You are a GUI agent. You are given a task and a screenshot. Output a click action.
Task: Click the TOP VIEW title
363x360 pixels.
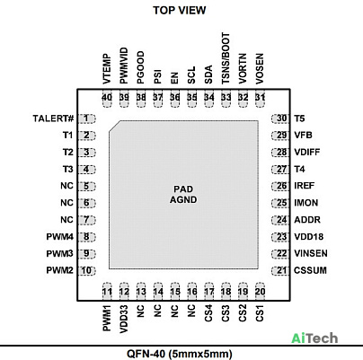[180, 10]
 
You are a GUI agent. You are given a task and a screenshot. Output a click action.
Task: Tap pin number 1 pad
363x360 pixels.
[86, 119]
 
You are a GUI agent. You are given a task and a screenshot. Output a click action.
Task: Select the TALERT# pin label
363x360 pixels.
[53, 119]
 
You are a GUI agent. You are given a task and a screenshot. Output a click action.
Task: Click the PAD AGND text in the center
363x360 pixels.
[183, 195]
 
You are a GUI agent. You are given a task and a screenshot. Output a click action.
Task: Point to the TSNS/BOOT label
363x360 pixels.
[226, 58]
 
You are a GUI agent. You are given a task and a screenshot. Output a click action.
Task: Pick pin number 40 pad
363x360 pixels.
[107, 98]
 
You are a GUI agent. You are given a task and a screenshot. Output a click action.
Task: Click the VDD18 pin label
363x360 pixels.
[308, 237]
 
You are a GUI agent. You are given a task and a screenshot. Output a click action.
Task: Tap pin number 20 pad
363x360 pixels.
[260, 291]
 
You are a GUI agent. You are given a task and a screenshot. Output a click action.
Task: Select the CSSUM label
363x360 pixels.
[310, 270]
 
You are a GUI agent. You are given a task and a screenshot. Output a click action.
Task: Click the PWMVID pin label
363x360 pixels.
[124, 66]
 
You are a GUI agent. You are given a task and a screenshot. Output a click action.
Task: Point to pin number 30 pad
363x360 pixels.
[280, 119]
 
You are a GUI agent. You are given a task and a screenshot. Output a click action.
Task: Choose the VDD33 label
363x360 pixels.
[124, 319]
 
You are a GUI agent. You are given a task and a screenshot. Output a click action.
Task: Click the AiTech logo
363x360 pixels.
[314, 338]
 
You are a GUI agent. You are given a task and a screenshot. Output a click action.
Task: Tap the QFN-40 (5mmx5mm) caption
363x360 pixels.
[180, 354]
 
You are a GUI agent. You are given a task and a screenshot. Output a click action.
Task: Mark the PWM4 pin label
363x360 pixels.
[59, 237]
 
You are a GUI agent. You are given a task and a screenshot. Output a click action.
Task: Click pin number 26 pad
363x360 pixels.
[280, 186]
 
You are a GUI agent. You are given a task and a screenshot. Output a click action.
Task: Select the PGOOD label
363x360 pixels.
[140, 67]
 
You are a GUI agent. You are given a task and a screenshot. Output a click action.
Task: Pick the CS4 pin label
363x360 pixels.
[208, 313]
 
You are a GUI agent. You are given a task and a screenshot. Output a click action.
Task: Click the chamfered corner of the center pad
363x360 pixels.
[115, 126]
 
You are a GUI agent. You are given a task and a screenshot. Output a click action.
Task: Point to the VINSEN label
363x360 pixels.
[311, 253]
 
